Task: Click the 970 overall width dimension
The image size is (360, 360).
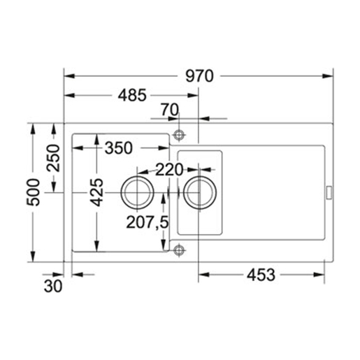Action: (x=199, y=76)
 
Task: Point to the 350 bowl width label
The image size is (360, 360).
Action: (x=120, y=148)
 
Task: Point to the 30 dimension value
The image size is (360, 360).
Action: (x=55, y=286)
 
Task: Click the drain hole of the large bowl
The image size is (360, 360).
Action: (x=136, y=190)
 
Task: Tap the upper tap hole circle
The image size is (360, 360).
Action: (x=179, y=133)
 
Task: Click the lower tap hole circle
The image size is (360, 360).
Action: (x=179, y=248)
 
